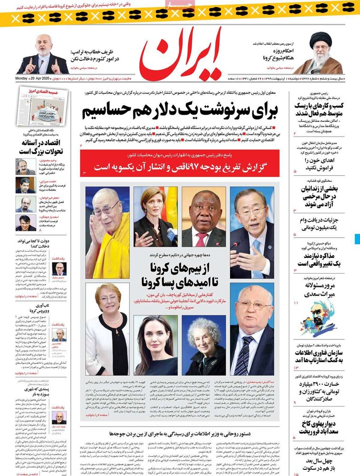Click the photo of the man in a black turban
pyautogui.click(x=326, y=53)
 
